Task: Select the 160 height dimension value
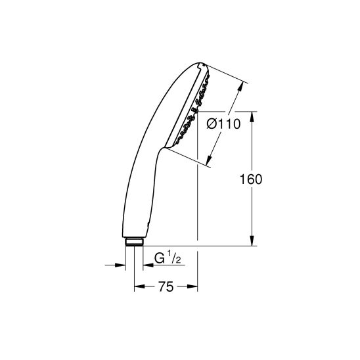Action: [x=252, y=179]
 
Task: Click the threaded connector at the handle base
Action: [x=134, y=242]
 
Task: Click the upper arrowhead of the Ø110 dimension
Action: [x=244, y=85]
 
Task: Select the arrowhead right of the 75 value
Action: [x=194, y=287]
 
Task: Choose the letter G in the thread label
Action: [x=158, y=258]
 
